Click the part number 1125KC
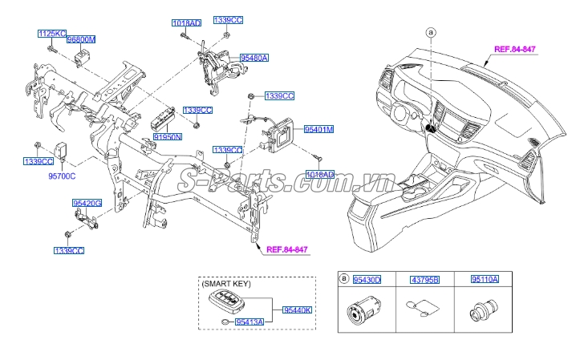tap(51, 34)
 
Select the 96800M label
tap(81, 38)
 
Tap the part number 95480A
tap(254, 58)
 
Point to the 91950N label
tap(168, 138)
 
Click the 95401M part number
tap(318, 128)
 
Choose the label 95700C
tap(61, 175)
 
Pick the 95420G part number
tap(87, 204)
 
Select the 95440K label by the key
tap(296, 309)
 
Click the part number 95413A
tap(249, 322)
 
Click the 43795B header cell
tap(425, 279)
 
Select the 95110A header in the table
tap(484, 279)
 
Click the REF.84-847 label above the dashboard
tap(514, 49)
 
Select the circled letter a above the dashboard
tap(431, 33)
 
